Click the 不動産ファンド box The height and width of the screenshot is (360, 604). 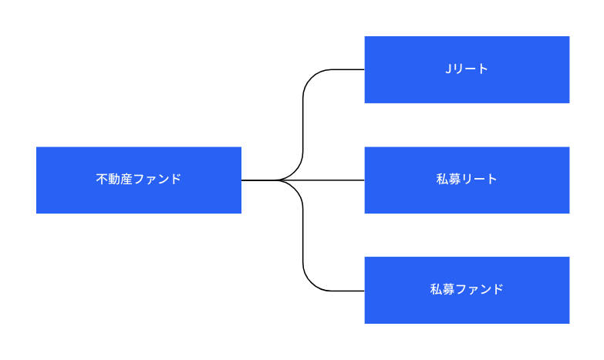pyautogui.click(x=139, y=180)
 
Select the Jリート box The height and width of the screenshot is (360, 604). pyautogui.click(x=467, y=69)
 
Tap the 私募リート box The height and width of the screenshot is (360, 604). pyautogui.click(x=467, y=180)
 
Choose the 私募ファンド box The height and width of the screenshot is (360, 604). pyautogui.click(x=467, y=290)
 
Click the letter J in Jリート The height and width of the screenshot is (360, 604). pyautogui.click(x=448, y=69)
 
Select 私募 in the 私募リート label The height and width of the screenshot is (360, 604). pyautogui.click(x=448, y=179)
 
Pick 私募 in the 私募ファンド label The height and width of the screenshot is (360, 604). pyautogui.click(x=442, y=289)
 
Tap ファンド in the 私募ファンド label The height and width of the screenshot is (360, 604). pyautogui.click(x=479, y=289)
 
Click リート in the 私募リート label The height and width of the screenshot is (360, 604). pyautogui.click(x=479, y=179)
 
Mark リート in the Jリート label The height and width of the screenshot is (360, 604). pyautogui.click(x=470, y=69)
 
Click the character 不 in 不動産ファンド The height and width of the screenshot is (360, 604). pyautogui.click(x=102, y=179)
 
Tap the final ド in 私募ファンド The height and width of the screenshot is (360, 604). pyautogui.click(x=498, y=289)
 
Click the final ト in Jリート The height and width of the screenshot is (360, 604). pyautogui.click(x=484, y=69)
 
